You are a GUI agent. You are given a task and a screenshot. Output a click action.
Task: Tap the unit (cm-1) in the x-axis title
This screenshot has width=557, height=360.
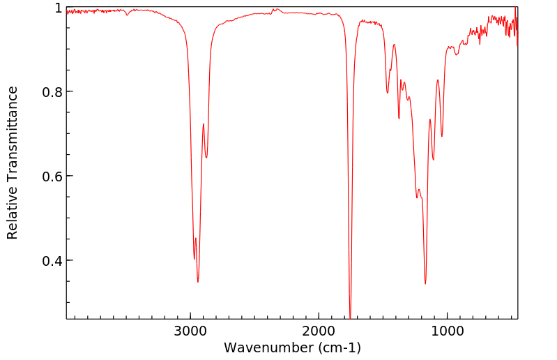[x=337, y=347]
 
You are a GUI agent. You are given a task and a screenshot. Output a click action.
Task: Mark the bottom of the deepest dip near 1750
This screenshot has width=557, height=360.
[x=350, y=317]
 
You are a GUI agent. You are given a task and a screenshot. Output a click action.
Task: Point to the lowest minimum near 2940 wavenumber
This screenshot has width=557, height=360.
[x=198, y=282]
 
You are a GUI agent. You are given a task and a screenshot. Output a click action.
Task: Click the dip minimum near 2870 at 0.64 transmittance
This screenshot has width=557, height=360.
[x=206, y=158]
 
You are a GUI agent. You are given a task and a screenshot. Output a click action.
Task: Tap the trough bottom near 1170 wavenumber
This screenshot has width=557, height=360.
[x=425, y=283]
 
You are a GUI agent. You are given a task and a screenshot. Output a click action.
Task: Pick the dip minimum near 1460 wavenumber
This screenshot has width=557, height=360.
[x=388, y=93]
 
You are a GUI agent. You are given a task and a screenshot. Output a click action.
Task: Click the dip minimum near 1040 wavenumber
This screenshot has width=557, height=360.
[x=442, y=136]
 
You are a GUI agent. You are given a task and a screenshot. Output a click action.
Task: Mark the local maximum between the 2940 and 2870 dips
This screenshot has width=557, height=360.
[x=204, y=124]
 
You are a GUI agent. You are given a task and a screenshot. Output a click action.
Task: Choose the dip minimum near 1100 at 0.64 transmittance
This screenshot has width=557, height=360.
[x=434, y=160]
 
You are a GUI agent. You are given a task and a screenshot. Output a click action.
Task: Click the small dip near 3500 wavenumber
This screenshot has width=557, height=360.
[x=127, y=15]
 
